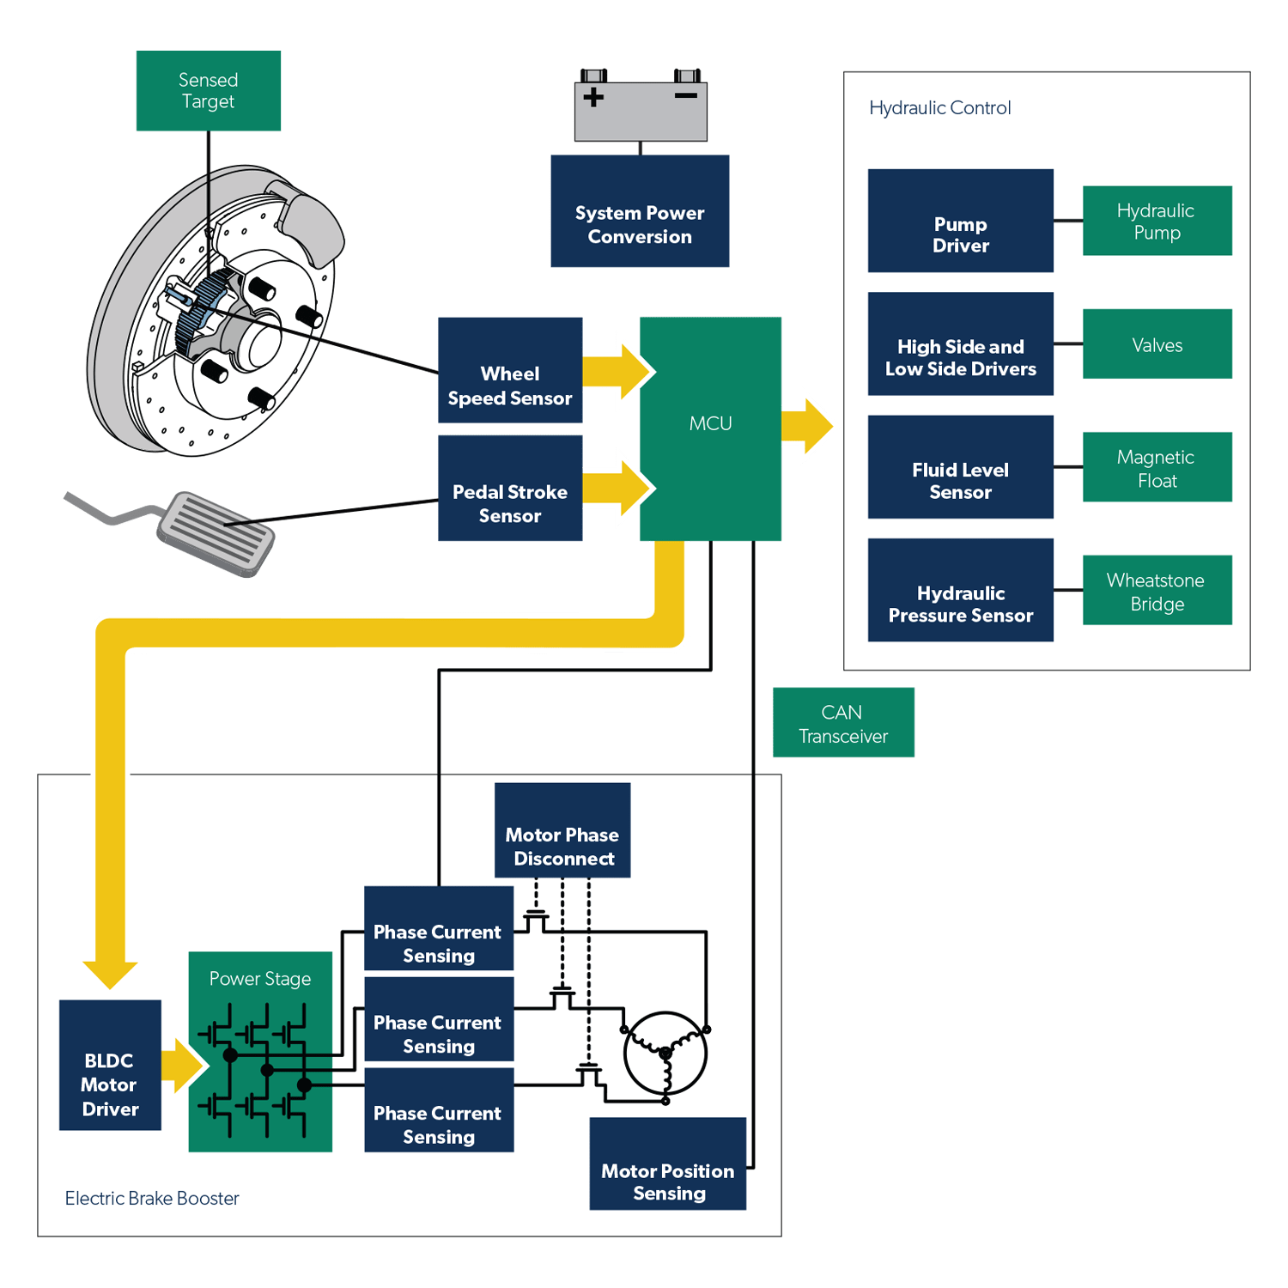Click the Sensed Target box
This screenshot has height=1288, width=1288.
coord(208,91)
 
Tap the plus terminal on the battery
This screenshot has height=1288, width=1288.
coord(593,97)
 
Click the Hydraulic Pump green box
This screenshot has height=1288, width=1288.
coord(1157,221)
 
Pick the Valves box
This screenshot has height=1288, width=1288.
coord(1157,344)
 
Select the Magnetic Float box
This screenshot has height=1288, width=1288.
coord(1157,467)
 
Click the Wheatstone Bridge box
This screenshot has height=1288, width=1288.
coord(1157,591)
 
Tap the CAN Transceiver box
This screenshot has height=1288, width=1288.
coord(842,723)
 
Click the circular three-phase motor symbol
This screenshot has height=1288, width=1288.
coord(665,1054)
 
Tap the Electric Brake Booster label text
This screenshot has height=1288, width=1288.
coord(152,1198)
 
